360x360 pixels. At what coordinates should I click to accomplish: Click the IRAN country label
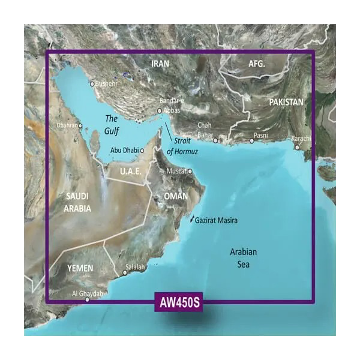(160, 64)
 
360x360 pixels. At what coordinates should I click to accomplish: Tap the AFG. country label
(260, 64)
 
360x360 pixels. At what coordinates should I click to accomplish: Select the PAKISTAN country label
(286, 103)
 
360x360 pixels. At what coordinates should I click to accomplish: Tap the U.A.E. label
(130, 172)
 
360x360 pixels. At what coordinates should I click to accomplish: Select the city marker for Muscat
(190, 172)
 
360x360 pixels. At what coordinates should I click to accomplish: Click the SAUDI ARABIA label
(78, 203)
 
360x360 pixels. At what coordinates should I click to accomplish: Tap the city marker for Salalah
(125, 274)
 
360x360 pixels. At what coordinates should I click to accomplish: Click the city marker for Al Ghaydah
(88, 299)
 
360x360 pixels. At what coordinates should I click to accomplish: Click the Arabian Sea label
(244, 258)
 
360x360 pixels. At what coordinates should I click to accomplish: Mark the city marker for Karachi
(296, 147)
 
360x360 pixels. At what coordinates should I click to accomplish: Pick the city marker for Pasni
(252, 142)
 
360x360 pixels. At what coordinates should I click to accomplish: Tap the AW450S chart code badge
(179, 302)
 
